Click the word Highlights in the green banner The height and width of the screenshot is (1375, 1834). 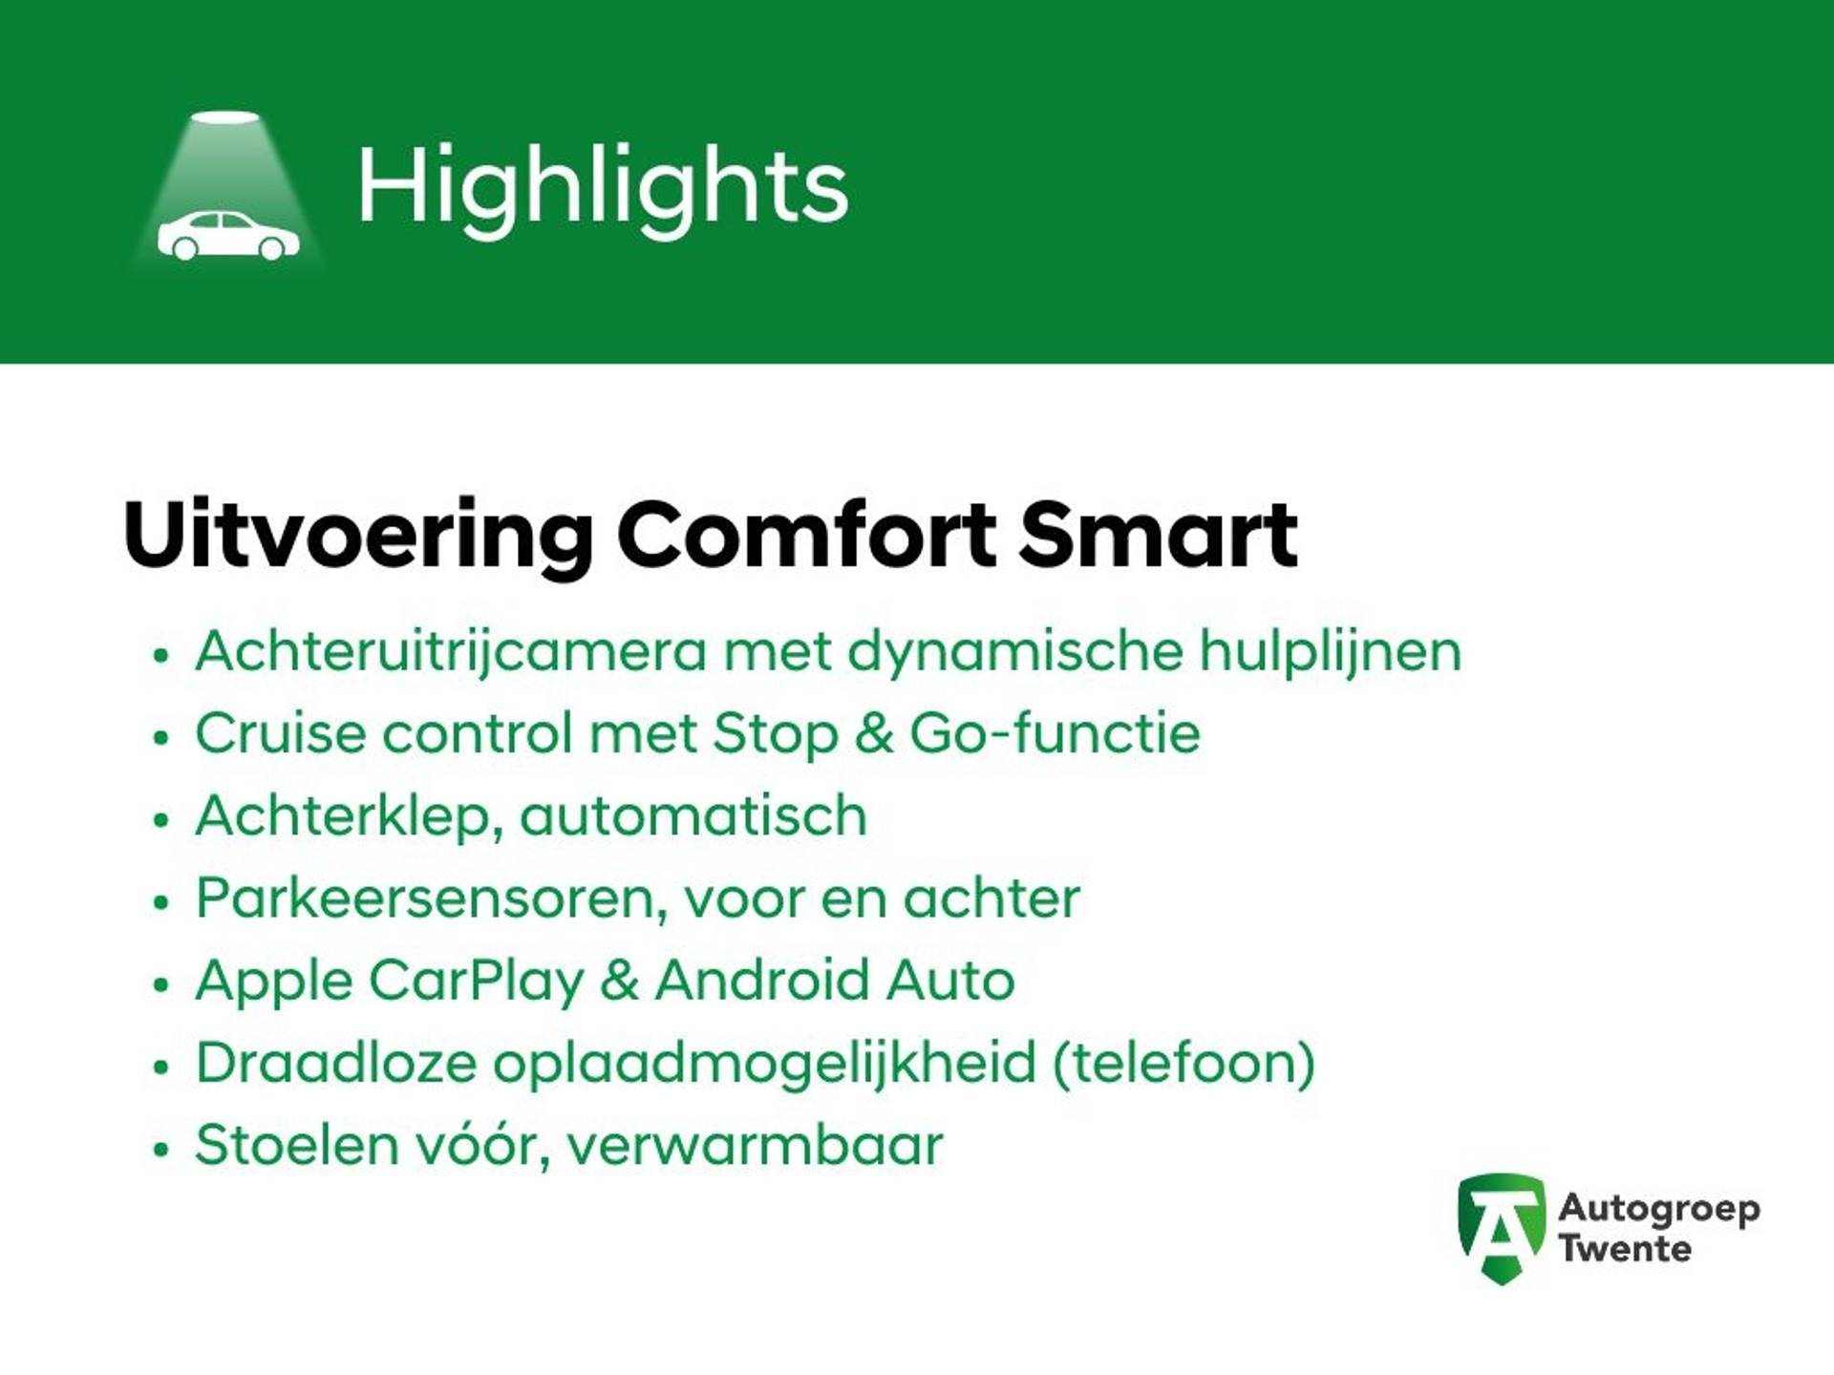[603, 188]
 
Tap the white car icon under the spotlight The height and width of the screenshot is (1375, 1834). [228, 235]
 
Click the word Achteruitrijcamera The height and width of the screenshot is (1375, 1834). [451, 652]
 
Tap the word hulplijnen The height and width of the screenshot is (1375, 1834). [1331, 652]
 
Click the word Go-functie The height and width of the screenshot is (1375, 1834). [1055, 733]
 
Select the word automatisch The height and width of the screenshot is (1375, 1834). [693, 816]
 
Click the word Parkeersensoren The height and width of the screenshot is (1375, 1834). [431, 899]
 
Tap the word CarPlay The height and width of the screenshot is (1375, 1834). [476, 982]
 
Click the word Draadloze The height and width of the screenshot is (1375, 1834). [335, 1063]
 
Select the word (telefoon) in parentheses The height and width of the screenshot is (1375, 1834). [1184, 1063]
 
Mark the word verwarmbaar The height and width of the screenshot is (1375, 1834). [755, 1145]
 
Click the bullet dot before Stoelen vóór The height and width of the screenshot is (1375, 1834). [160, 1149]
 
